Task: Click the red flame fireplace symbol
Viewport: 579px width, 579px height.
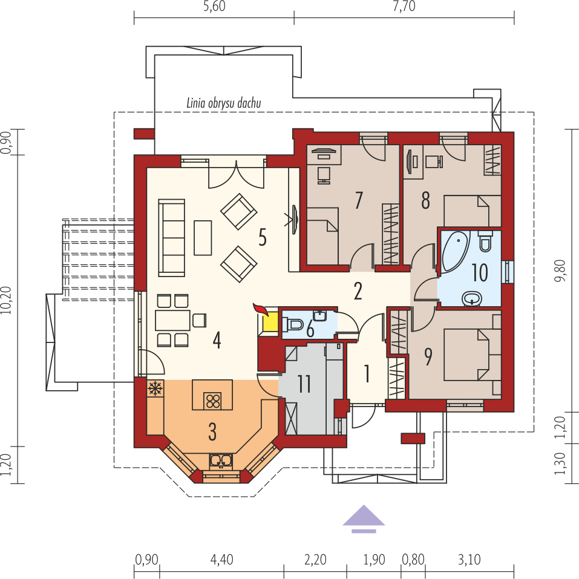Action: (261, 310)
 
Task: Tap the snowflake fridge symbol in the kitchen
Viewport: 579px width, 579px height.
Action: (155, 388)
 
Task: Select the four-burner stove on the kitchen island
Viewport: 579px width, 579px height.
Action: (213, 401)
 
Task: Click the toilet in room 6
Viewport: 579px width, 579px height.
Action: (293, 324)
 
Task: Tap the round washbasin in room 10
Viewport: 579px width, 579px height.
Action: (473, 298)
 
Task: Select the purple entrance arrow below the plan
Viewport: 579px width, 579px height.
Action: (364, 518)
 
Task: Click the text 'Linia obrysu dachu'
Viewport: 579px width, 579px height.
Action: (224, 103)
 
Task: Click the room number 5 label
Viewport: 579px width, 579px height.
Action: (263, 237)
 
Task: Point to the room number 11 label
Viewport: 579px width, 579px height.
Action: (305, 384)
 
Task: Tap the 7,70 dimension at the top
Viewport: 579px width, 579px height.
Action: (404, 6)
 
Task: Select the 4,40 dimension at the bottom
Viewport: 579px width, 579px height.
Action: (221, 560)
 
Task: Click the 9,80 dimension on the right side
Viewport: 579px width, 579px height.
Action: (560, 270)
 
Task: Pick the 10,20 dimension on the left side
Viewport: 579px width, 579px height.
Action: (6, 301)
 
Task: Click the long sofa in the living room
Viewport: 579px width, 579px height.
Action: (171, 238)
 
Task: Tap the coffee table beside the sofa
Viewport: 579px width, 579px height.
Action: (203, 238)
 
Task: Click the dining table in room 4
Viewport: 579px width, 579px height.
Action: (172, 321)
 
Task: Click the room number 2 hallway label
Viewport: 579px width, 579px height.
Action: (358, 291)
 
